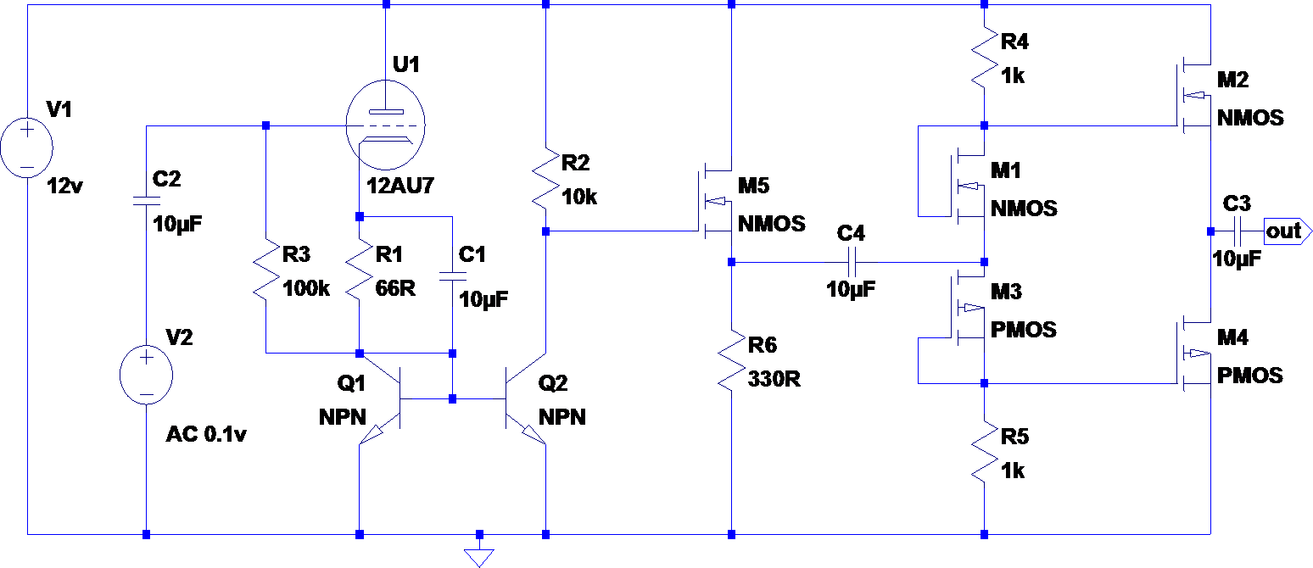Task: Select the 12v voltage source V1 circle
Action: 27,148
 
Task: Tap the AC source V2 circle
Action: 146,376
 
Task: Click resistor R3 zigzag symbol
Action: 265,270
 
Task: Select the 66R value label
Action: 395,288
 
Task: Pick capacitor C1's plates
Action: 453,276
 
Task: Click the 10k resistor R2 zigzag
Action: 545,178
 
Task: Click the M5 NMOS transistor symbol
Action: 716,201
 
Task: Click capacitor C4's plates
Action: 852,262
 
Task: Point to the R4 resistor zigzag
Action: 984,58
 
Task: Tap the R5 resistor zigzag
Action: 984,453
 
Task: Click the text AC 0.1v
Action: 206,434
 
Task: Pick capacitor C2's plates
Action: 146,201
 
